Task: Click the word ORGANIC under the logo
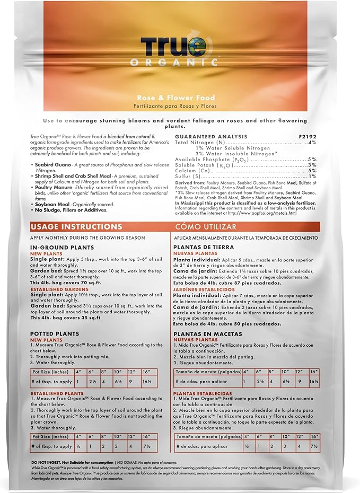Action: coord(180,62)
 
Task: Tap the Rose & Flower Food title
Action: coord(180,97)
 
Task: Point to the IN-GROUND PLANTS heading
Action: coord(62,247)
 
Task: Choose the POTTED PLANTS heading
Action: coord(55,333)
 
